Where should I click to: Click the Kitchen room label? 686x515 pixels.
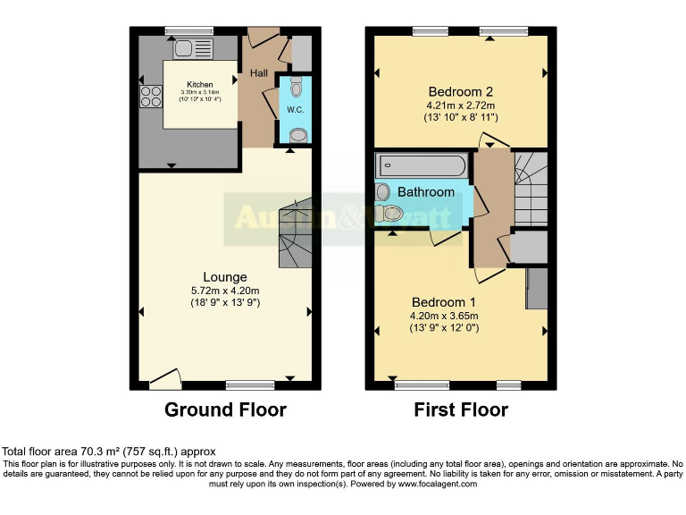click(x=200, y=85)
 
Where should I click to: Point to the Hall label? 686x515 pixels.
click(x=259, y=72)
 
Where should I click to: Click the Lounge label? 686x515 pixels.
click(x=224, y=277)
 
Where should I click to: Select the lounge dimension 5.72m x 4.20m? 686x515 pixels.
click(x=224, y=291)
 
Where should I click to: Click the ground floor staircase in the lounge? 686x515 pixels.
click(x=294, y=234)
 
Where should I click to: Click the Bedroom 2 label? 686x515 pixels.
click(x=461, y=91)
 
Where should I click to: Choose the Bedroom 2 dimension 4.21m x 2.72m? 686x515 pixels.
click(x=461, y=105)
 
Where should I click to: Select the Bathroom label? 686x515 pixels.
click(x=425, y=192)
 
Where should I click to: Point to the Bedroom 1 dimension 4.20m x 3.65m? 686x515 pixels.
click(x=444, y=315)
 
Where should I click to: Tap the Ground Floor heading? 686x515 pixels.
click(x=225, y=410)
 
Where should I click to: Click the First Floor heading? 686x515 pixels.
click(x=461, y=410)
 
